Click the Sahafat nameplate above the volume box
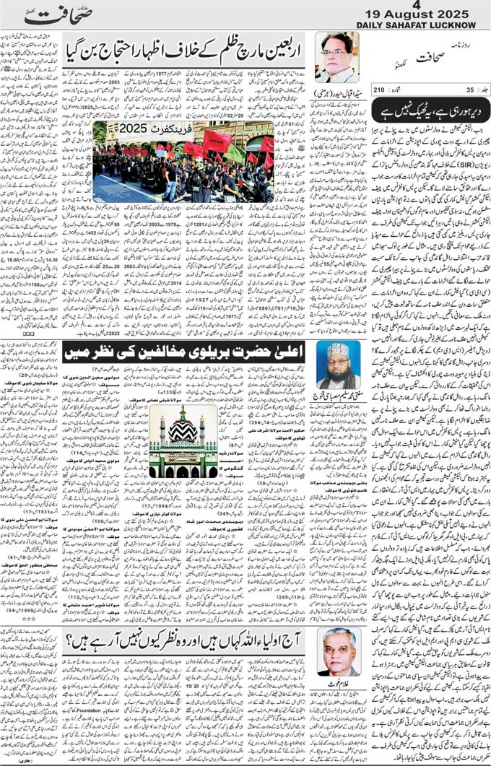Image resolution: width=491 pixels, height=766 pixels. pos(425,58)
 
